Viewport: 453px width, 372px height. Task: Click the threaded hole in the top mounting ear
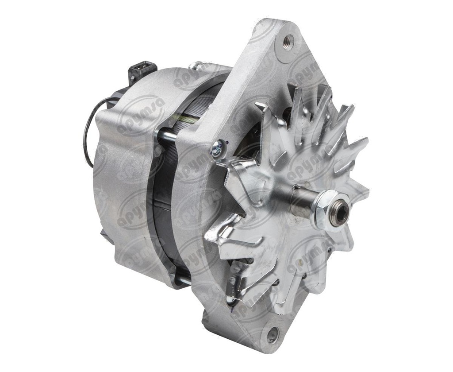point(288,43)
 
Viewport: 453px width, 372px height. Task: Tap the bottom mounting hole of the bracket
point(273,335)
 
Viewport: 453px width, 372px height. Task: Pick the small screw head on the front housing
point(217,149)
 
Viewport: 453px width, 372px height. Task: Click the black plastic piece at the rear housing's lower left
point(105,235)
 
